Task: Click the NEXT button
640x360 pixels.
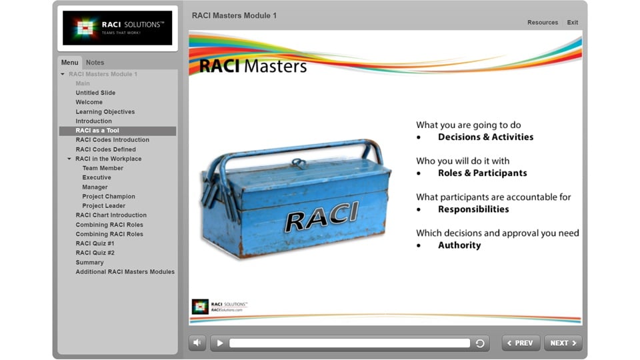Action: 563,343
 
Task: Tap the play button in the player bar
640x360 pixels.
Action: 219,343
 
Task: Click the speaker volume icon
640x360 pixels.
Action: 197,343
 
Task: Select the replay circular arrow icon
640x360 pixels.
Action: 480,343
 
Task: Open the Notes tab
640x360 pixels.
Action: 95,63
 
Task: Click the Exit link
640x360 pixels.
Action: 573,23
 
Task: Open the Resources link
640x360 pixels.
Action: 543,23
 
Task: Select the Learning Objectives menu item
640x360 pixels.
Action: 105,112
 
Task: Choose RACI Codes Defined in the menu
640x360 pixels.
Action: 105,149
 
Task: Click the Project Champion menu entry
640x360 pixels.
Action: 109,197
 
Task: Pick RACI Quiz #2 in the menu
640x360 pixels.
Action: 95,253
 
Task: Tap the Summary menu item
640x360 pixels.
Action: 89,263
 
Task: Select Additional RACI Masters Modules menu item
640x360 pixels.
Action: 125,272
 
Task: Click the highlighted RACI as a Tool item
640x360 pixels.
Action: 97,131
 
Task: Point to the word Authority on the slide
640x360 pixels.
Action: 459,245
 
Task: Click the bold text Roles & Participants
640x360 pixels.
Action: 482,173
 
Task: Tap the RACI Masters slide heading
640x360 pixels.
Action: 253,67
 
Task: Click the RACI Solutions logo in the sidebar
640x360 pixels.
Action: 117,28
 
